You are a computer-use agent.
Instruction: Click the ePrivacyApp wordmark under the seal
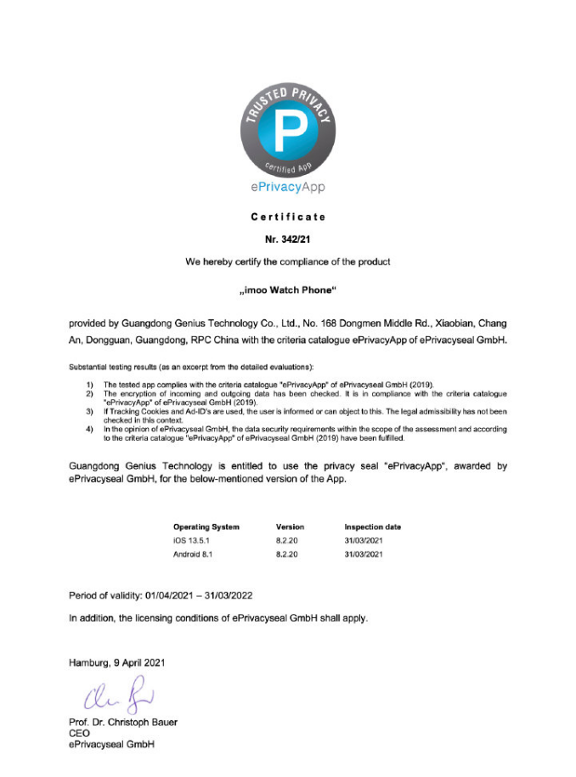288,186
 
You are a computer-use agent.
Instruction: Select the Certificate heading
288,217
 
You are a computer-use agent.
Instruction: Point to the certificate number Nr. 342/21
288,240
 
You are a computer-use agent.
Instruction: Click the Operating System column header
206,526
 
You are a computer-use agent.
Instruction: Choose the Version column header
290,526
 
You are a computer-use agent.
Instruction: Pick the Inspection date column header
372,526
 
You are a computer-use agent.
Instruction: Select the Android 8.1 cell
194,554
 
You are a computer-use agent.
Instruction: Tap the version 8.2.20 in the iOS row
287,540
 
